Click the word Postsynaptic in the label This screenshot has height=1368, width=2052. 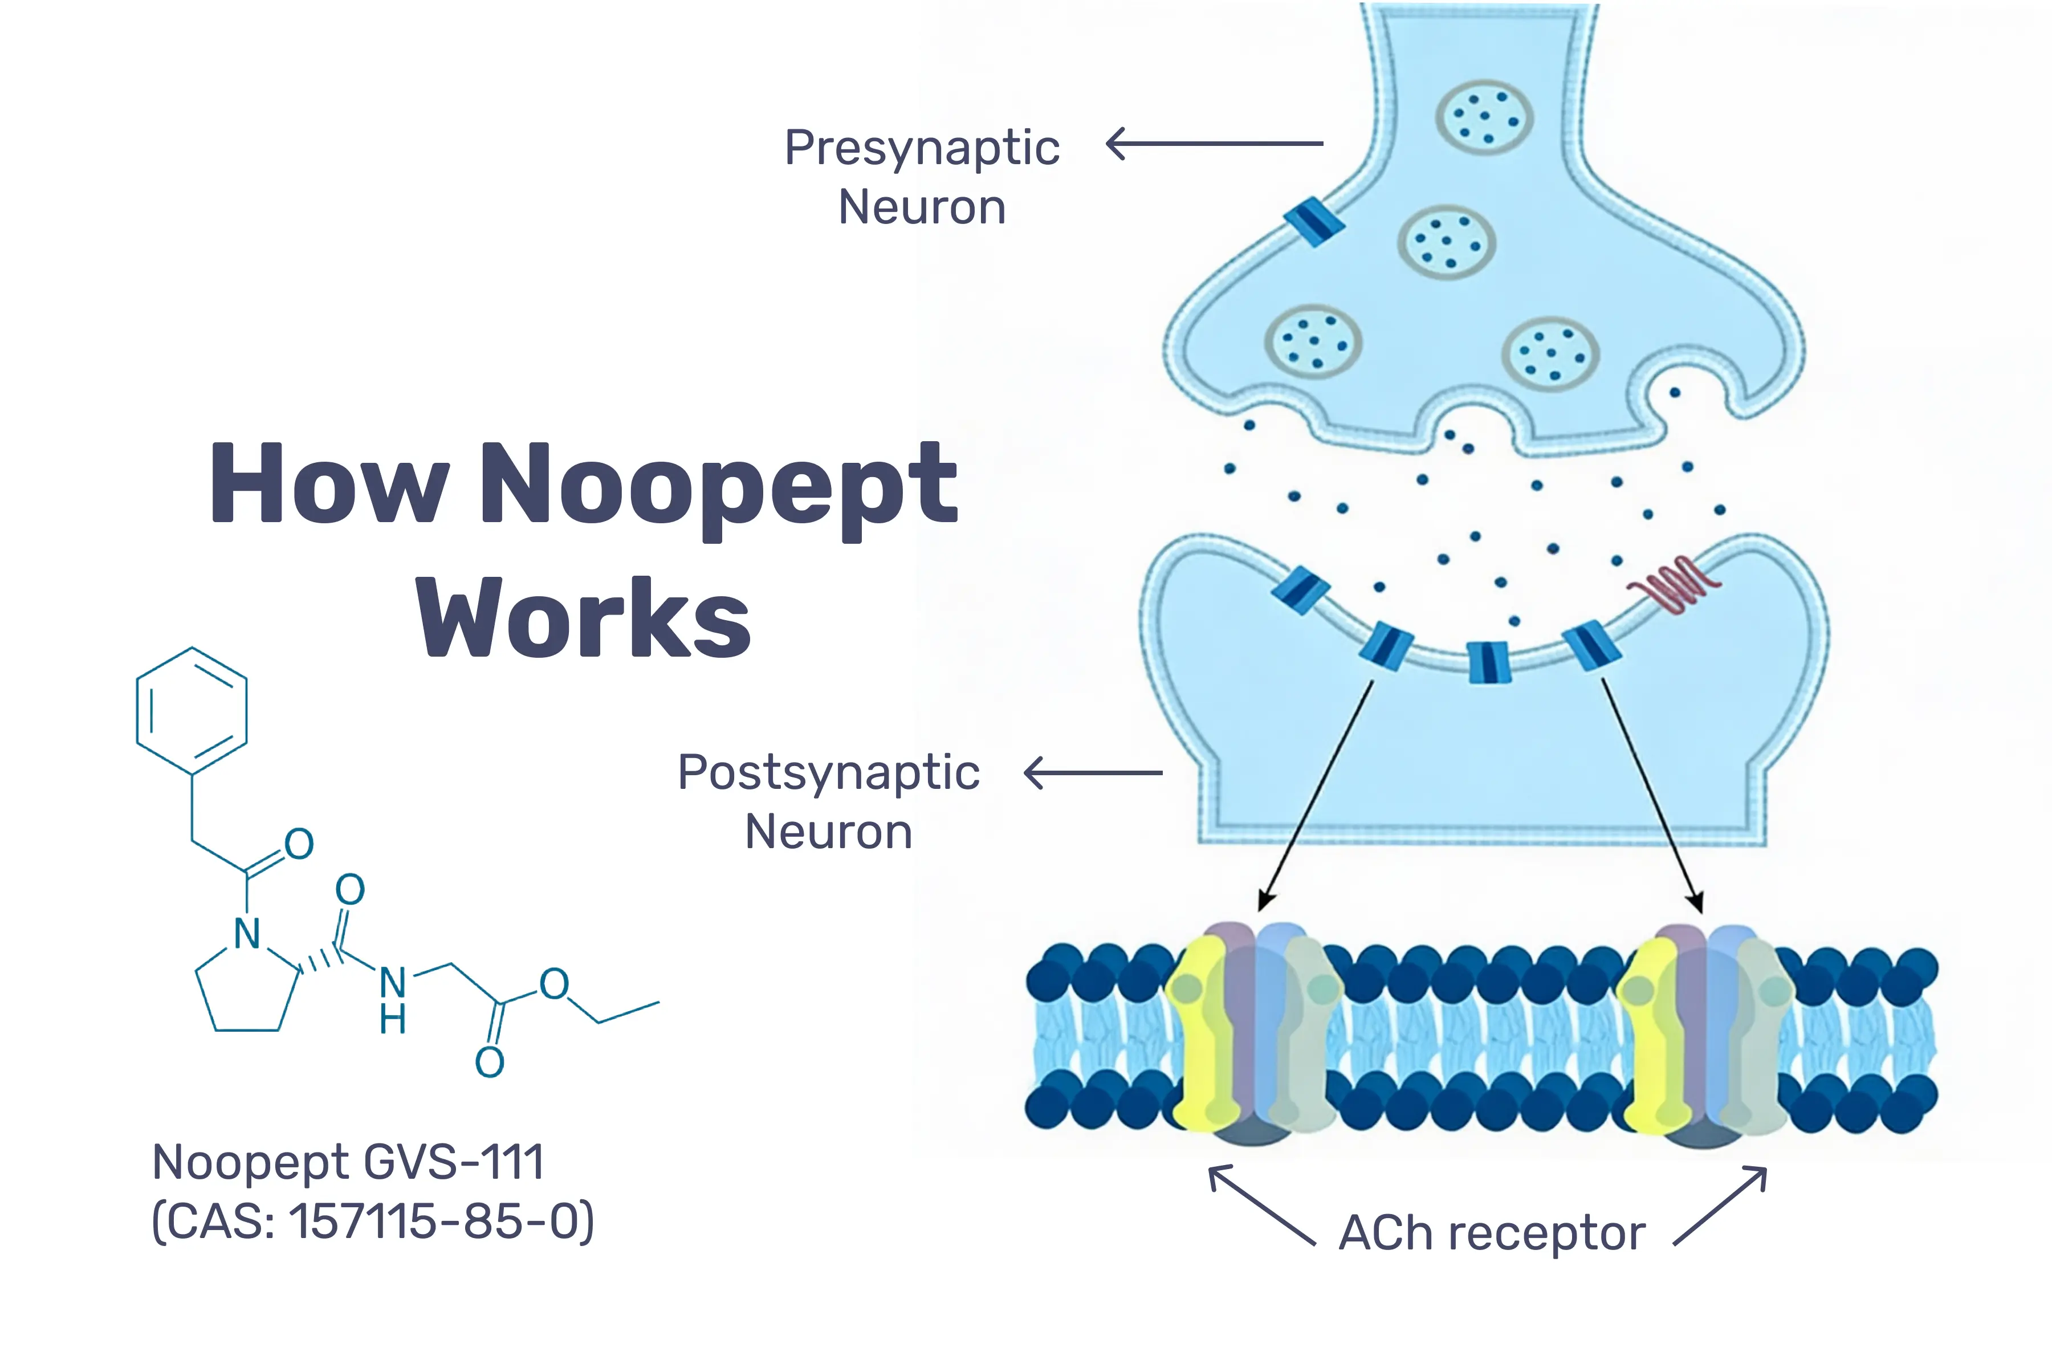pos(829,773)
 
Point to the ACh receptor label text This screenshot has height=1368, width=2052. pos(1492,1233)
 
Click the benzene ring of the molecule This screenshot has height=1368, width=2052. pos(192,710)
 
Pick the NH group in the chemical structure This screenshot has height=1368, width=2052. pos(393,1000)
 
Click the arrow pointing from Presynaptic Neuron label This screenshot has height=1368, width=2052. pos(1215,143)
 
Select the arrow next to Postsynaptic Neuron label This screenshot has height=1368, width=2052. pos(1092,773)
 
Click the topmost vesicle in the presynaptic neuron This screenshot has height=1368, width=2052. pos(1484,117)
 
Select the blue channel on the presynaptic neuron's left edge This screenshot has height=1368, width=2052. pos(1313,222)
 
